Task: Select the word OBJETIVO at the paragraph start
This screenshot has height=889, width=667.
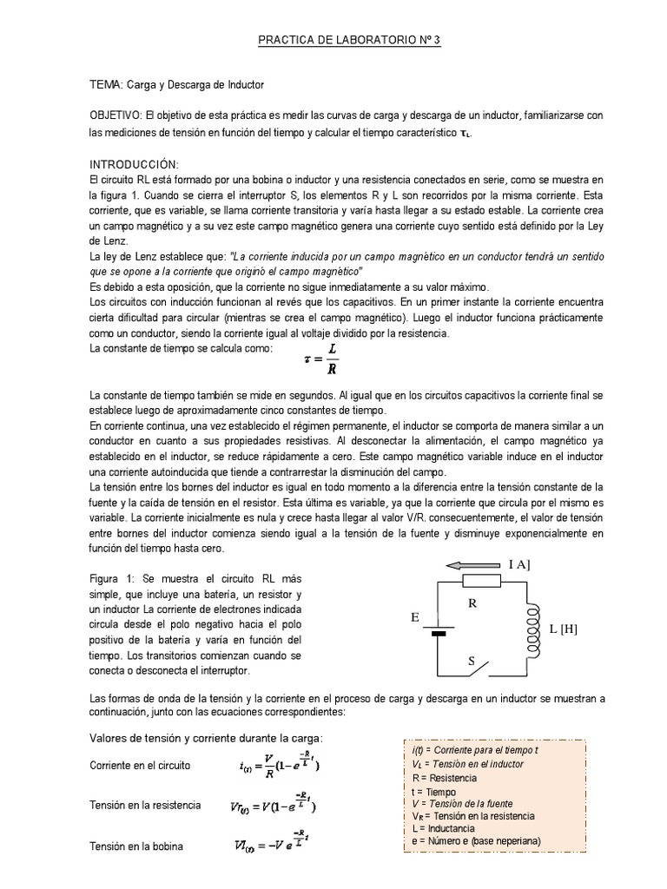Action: (x=116, y=115)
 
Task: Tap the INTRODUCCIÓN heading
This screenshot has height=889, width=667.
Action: (x=134, y=164)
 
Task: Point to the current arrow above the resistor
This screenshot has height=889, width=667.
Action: (x=474, y=565)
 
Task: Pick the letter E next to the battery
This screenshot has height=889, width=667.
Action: (x=415, y=617)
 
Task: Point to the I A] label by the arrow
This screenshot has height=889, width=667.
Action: (x=519, y=564)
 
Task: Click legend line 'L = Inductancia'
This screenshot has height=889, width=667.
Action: (x=448, y=828)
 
